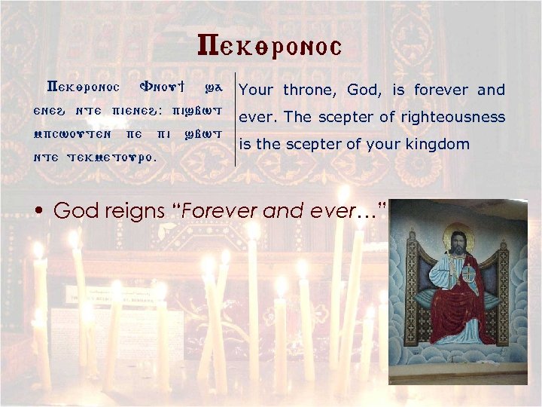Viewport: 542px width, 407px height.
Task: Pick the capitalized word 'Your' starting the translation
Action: pos(256,90)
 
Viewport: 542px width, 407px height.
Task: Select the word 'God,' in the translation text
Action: pos(364,90)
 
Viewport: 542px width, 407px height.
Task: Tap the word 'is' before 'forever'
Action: pos(399,90)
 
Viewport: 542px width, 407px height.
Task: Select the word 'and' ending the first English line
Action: pos(491,90)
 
